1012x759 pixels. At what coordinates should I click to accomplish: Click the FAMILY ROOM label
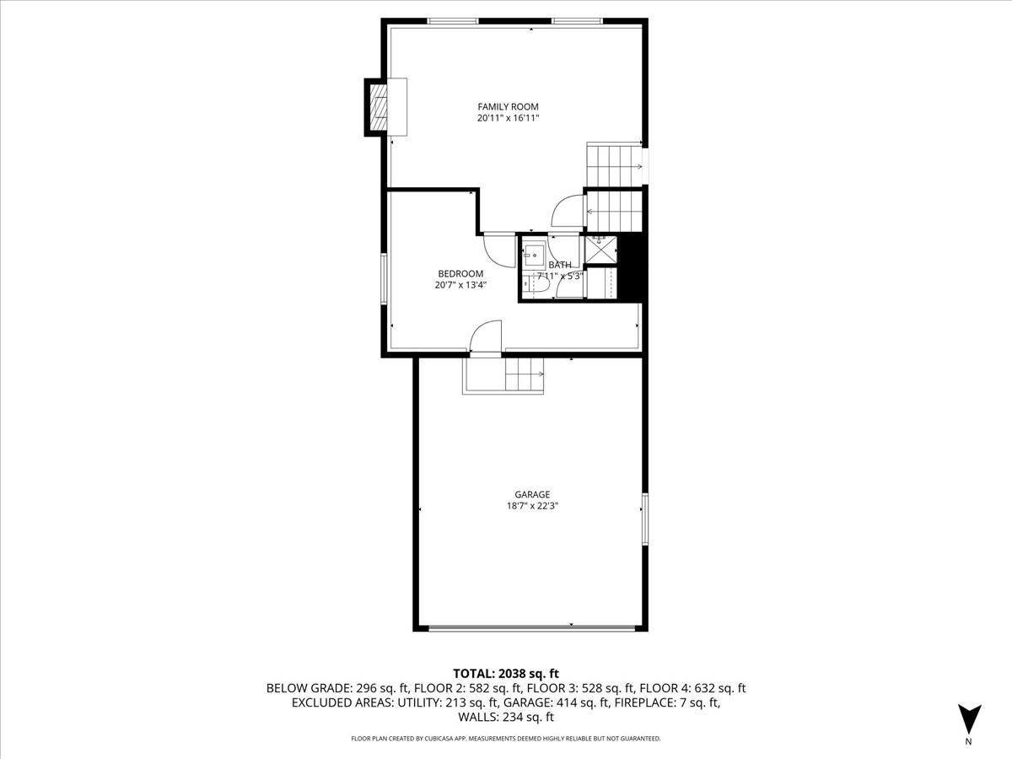pos(508,106)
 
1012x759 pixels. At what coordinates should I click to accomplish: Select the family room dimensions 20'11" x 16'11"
pos(508,119)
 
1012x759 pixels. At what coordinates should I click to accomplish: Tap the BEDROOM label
pos(460,273)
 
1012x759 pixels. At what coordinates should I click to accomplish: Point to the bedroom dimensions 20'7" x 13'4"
pos(460,286)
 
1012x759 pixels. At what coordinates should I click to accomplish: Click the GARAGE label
pos(532,494)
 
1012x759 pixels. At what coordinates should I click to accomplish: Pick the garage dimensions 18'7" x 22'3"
pos(532,507)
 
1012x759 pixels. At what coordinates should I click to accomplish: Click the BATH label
pos(560,265)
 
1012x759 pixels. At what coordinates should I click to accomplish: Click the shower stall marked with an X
pos(600,249)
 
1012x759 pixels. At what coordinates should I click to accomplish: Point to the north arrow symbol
pos(969,719)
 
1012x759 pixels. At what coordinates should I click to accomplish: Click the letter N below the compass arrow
pos(969,742)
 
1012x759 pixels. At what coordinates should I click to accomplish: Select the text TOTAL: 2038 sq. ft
pos(506,673)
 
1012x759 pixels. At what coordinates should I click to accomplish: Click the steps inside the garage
pos(523,374)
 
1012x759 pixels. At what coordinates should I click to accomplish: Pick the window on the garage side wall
pos(645,518)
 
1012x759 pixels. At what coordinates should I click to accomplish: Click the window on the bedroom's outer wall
pos(384,278)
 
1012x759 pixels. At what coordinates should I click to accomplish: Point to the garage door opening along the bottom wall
pos(531,627)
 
